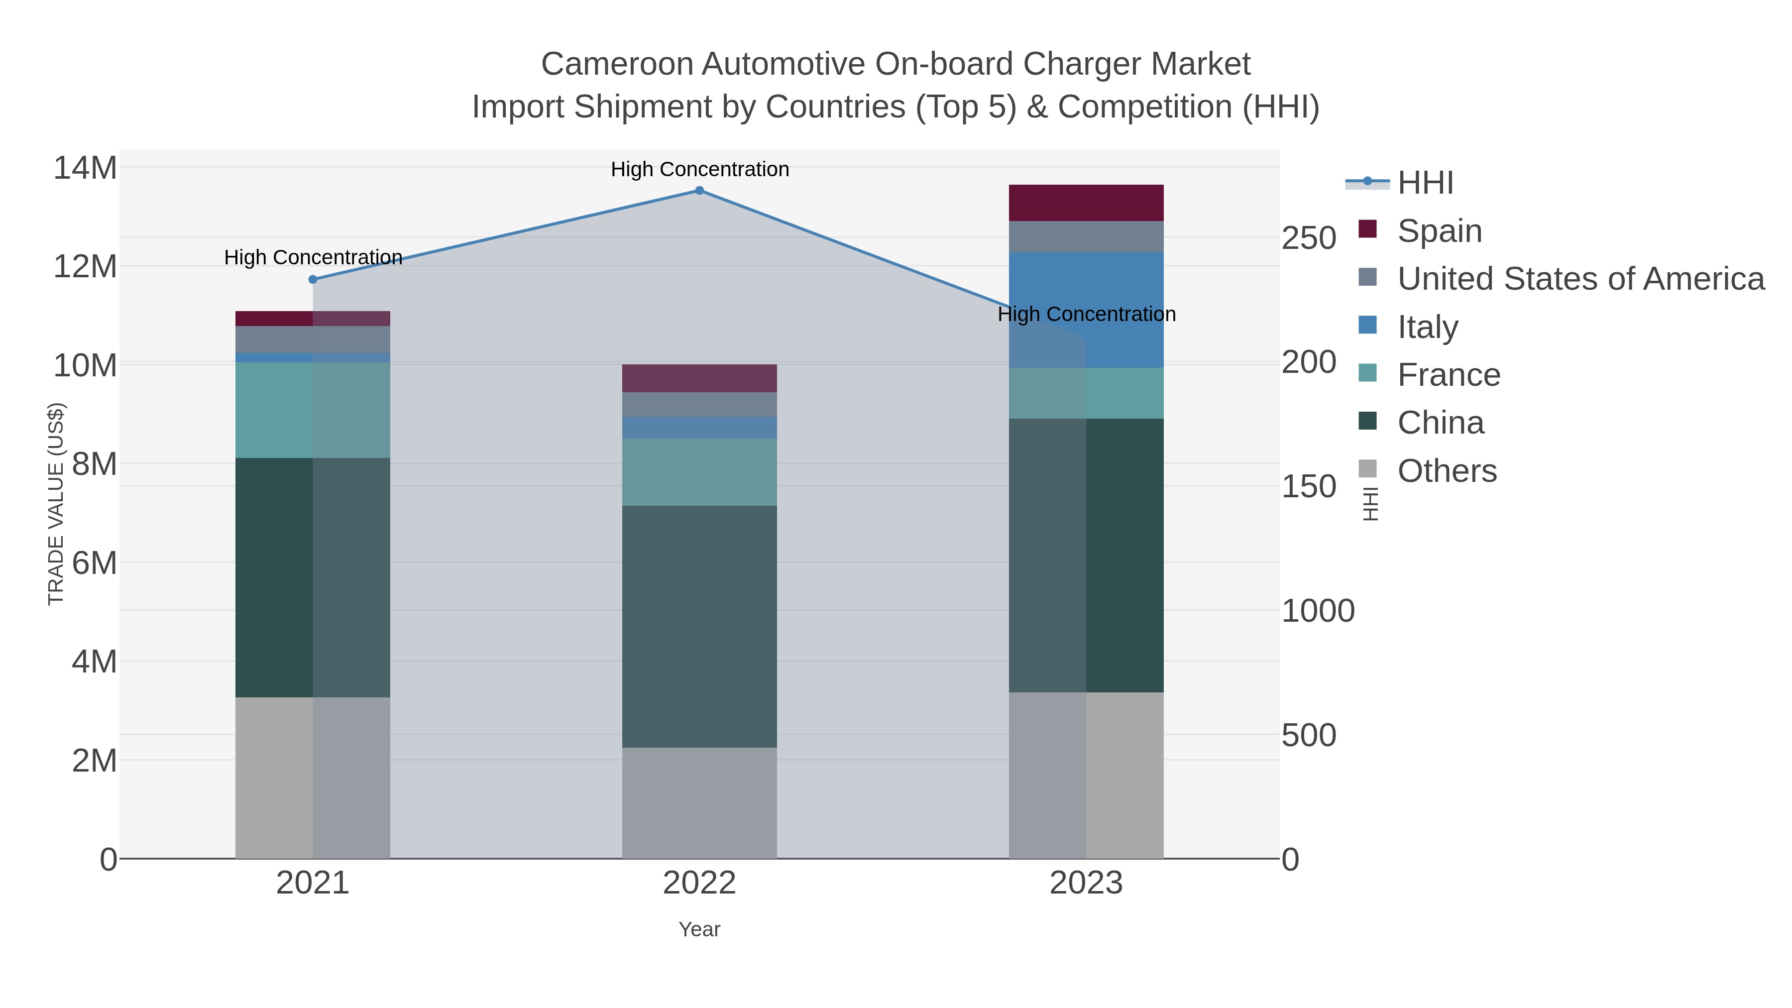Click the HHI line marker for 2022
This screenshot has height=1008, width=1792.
[699, 191]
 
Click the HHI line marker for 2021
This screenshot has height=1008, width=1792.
[313, 280]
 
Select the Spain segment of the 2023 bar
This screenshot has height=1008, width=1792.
[1086, 203]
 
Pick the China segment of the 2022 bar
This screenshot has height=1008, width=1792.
[699, 626]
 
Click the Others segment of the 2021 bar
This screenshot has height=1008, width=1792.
[313, 778]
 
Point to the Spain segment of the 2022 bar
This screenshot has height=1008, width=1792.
[699, 378]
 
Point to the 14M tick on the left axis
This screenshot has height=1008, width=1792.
[85, 168]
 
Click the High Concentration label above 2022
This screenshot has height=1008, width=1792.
[700, 170]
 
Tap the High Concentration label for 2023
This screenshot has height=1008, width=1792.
[1087, 315]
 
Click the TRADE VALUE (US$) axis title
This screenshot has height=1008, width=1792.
[56, 504]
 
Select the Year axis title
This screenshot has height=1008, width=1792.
[699, 929]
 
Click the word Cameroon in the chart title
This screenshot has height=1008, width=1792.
[616, 65]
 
